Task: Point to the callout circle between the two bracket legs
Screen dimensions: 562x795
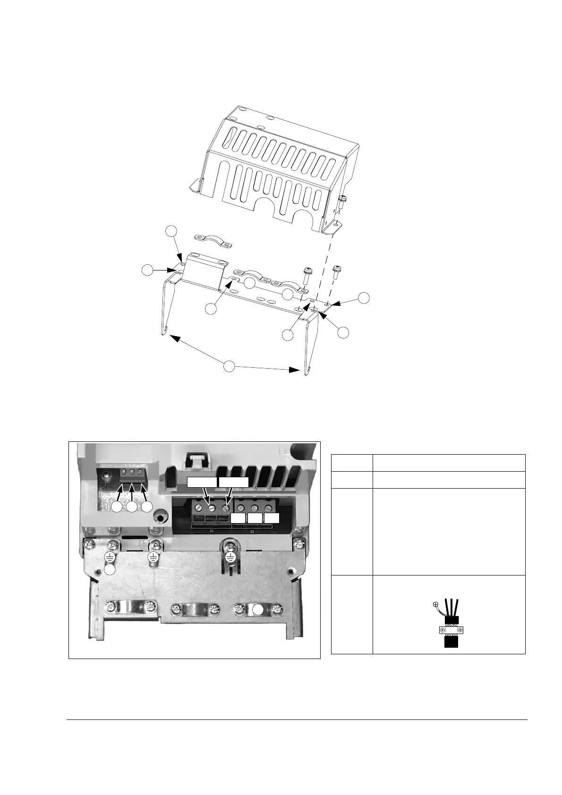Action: (229, 366)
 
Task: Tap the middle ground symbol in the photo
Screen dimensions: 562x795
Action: (153, 557)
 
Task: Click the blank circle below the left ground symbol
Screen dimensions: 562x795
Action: (110, 570)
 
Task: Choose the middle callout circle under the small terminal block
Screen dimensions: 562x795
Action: (132, 507)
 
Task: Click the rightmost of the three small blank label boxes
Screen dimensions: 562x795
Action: (272, 518)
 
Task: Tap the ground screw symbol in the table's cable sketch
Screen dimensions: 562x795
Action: (436, 604)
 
